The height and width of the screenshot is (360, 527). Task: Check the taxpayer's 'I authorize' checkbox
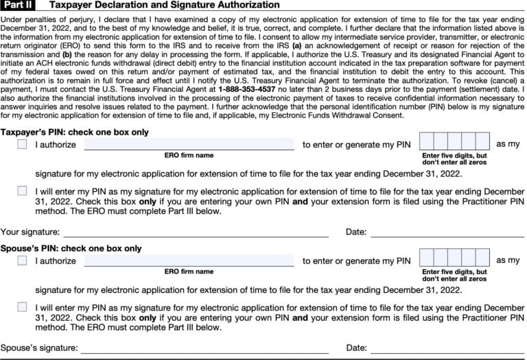(x=23, y=144)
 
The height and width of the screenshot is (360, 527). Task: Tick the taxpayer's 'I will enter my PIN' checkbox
(x=23, y=191)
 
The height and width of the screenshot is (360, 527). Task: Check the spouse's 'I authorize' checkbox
(x=23, y=261)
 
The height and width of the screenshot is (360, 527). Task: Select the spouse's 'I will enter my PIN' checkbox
(x=23, y=307)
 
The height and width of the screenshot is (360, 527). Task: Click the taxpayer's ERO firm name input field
(x=189, y=144)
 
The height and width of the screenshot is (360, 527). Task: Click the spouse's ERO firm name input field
(x=189, y=261)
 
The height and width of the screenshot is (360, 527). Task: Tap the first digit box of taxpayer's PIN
(x=426, y=141)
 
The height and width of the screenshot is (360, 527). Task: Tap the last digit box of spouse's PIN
(x=482, y=258)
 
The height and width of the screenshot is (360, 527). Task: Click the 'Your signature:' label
(x=30, y=232)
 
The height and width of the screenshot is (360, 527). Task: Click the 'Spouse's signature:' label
(x=38, y=348)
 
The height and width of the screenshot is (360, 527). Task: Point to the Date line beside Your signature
(x=447, y=233)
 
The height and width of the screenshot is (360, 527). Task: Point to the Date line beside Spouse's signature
(x=447, y=350)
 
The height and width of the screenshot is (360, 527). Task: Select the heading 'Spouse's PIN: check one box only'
(x=71, y=248)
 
